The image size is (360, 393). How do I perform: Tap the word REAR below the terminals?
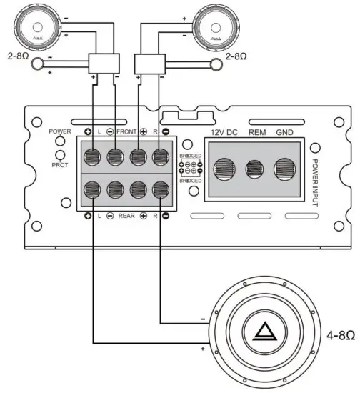127,215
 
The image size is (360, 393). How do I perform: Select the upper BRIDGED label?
191,155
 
